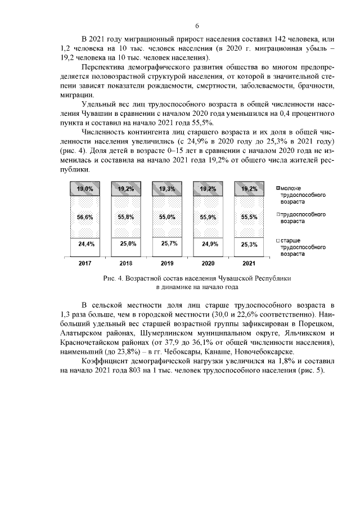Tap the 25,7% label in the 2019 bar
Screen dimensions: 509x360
click(x=167, y=244)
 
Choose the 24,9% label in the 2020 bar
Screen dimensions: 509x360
click(x=208, y=244)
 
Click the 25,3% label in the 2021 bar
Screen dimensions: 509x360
click(x=249, y=244)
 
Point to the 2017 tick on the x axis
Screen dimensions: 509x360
click(x=85, y=263)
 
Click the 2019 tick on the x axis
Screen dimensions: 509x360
click(x=167, y=263)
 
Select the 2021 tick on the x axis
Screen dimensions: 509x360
click(x=249, y=263)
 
